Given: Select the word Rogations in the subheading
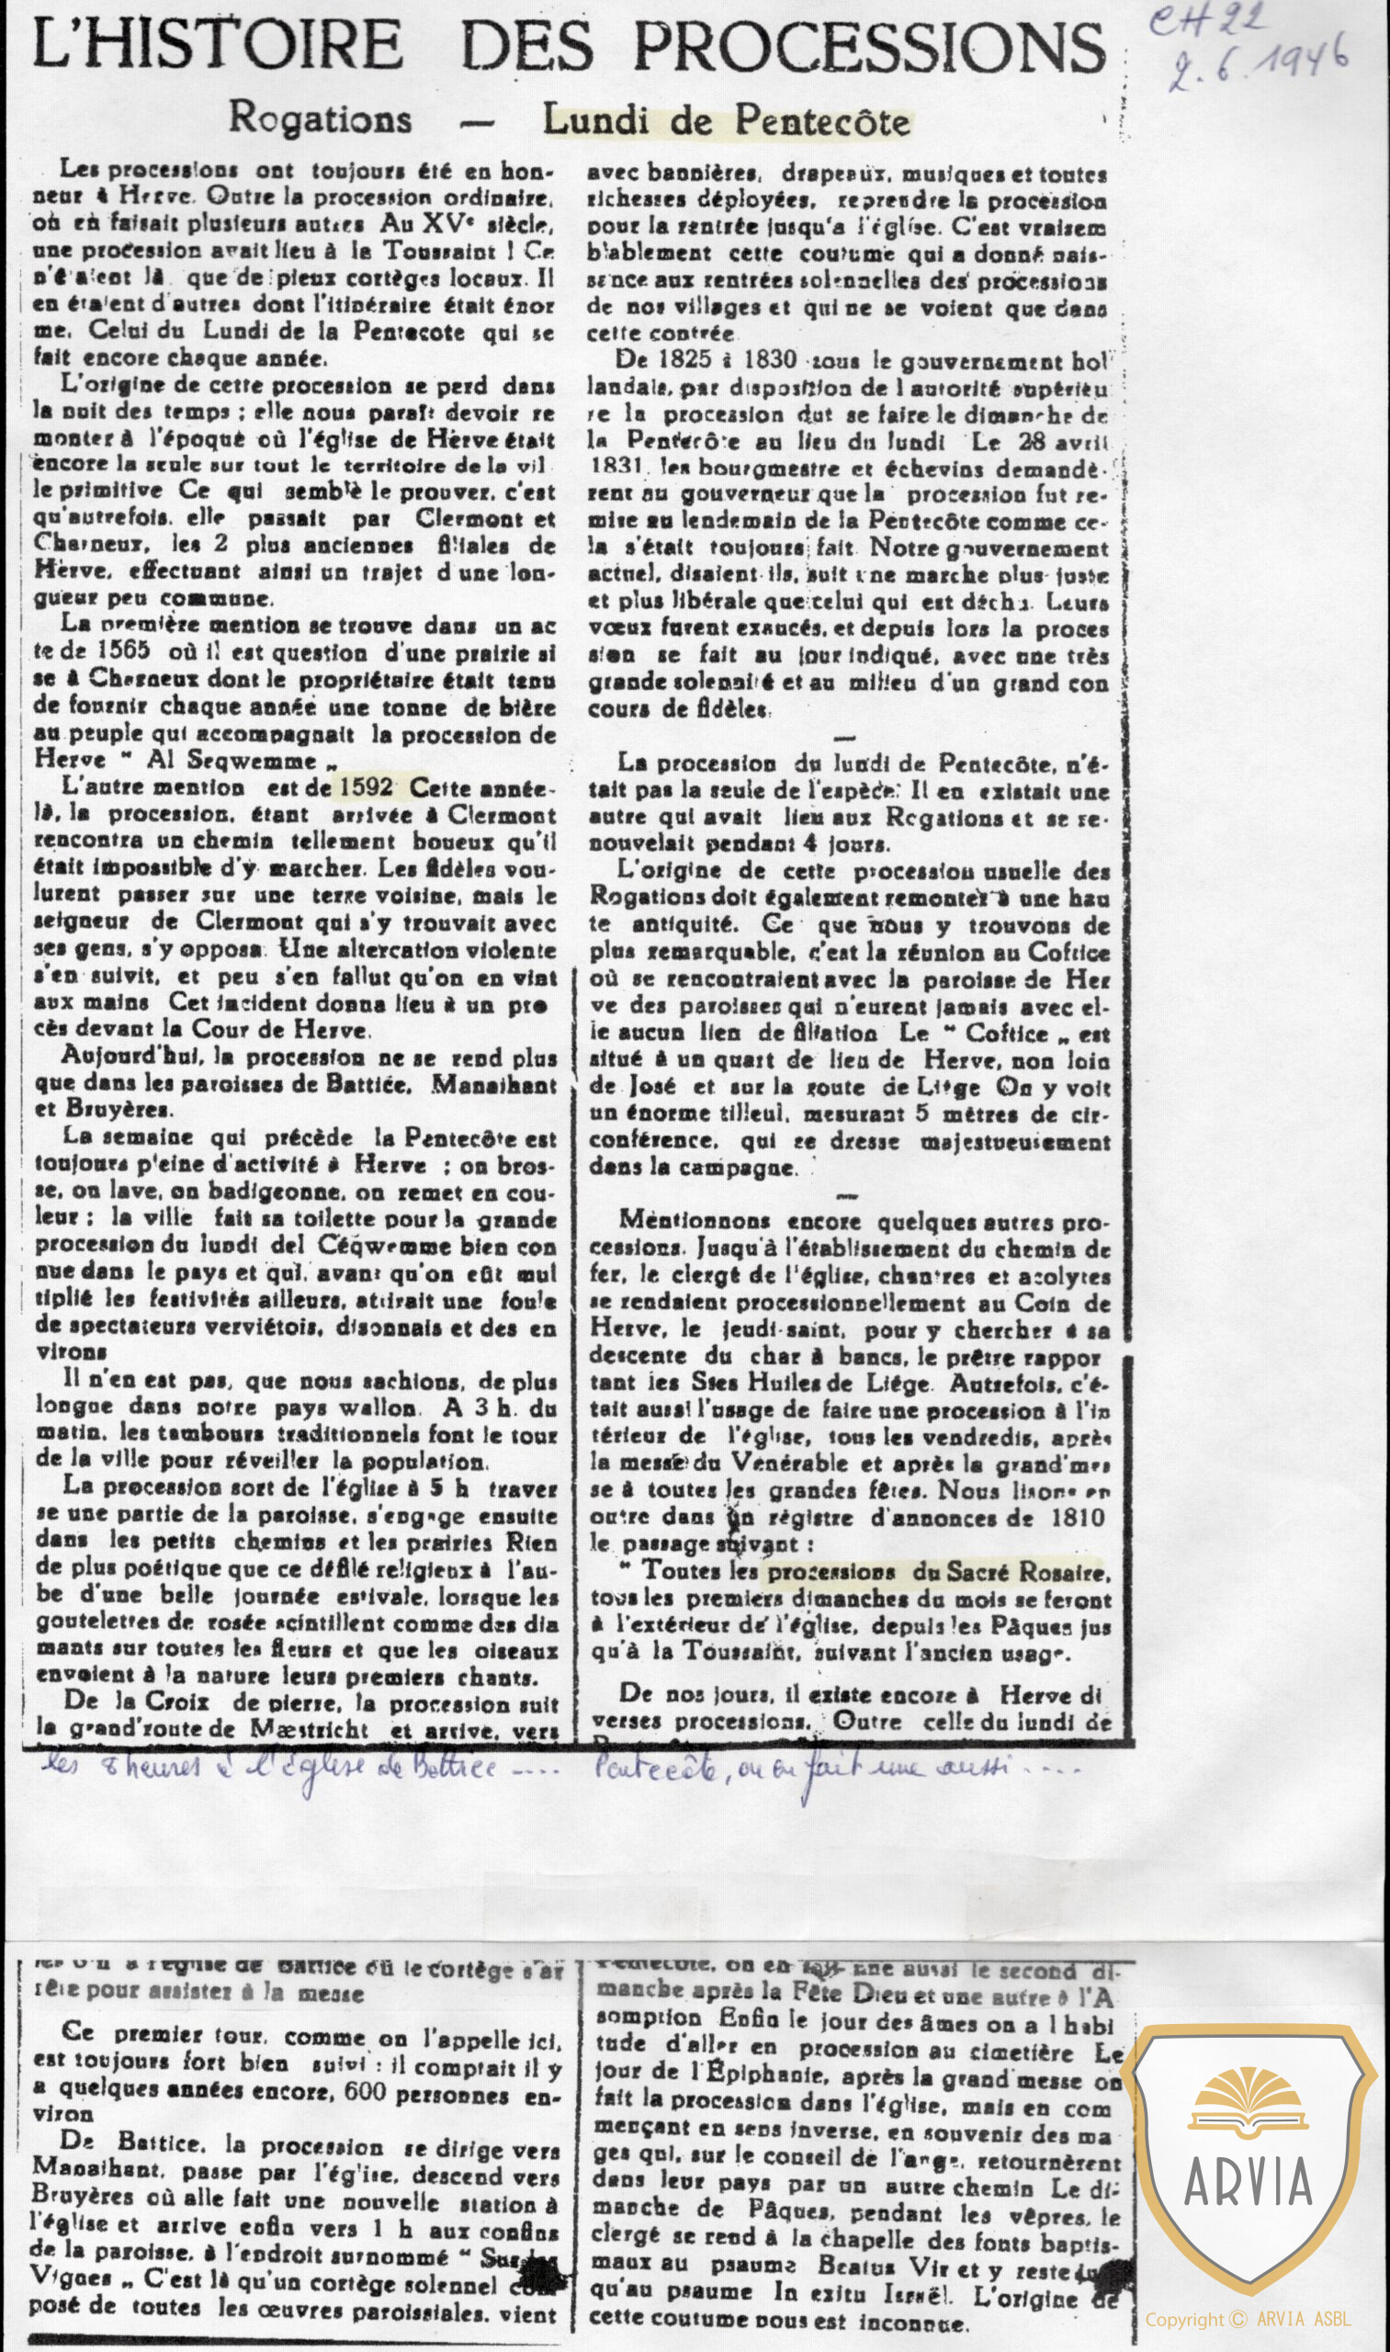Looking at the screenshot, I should [x=321, y=119].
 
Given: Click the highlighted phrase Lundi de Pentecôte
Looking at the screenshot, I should [x=727, y=122].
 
